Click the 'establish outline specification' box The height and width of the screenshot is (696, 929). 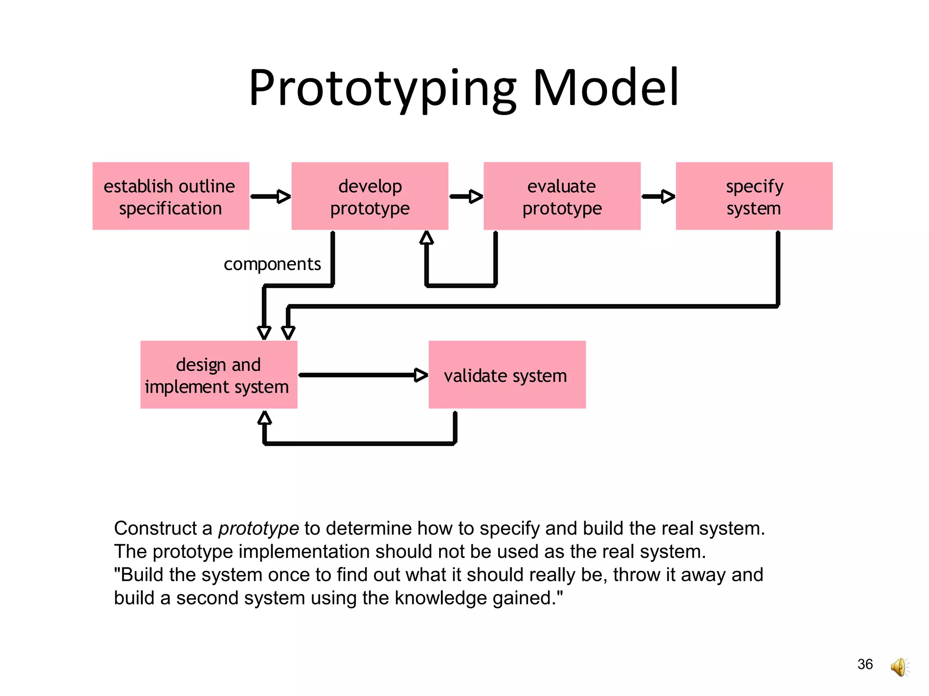171,196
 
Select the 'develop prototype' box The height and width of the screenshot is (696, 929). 370,196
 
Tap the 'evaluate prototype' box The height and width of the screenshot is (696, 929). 562,196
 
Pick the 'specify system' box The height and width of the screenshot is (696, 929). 754,196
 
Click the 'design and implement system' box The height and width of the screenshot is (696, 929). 219,375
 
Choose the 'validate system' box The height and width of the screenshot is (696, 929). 507,375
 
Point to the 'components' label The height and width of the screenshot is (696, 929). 272,264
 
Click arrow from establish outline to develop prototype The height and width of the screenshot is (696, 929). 270,196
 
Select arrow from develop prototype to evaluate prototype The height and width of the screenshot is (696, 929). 466,196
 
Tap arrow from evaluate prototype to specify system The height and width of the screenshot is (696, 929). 658,196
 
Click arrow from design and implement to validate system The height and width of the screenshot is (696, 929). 363,375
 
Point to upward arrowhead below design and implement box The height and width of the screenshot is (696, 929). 264,417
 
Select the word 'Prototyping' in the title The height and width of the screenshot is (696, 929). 382,88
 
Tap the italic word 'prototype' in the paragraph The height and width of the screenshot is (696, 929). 259,529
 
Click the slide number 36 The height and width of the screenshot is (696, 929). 865,664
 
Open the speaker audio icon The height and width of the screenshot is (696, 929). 900,667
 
